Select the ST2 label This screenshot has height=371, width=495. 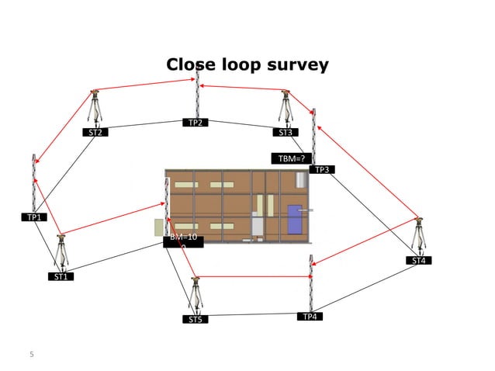(96, 133)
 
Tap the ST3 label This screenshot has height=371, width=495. (286, 133)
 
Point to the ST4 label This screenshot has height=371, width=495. (419, 261)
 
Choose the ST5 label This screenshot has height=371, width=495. (196, 319)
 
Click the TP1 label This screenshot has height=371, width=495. (34, 217)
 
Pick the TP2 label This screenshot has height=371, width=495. (196, 123)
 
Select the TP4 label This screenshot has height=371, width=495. (310, 317)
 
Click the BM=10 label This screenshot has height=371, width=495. (184, 238)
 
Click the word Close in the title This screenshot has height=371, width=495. (190, 64)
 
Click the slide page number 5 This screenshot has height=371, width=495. (32, 355)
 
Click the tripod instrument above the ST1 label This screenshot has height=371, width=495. (61, 251)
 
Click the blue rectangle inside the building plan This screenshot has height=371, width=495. (296, 217)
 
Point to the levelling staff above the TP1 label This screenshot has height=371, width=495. (34, 182)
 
